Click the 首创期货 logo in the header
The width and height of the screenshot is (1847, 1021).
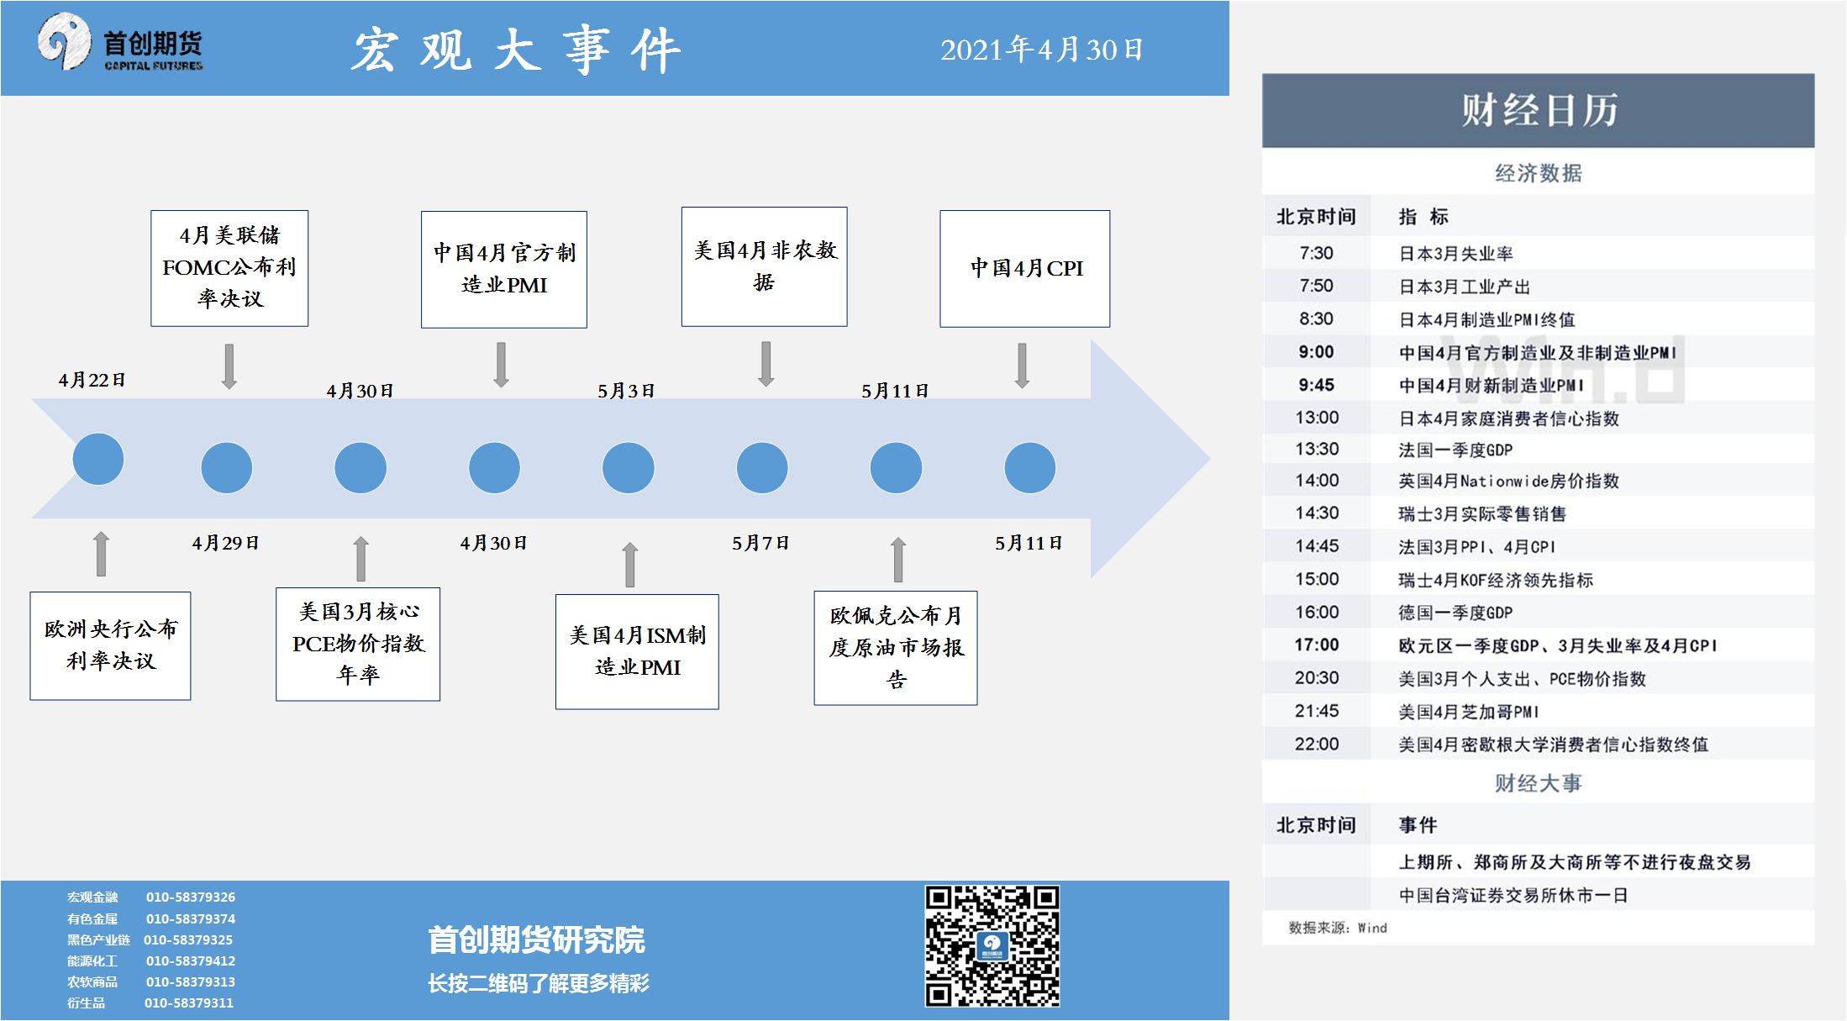click(x=120, y=43)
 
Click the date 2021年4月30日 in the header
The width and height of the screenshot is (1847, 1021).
click(x=1042, y=50)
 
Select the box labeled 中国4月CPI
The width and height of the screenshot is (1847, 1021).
click(x=1024, y=269)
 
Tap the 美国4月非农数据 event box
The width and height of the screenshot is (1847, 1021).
click(x=764, y=266)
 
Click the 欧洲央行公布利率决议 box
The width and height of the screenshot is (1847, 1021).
click(x=110, y=645)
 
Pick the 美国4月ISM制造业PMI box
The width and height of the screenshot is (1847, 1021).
click(x=637, y=651)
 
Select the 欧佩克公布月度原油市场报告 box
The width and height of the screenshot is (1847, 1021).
click(x=896, y=648)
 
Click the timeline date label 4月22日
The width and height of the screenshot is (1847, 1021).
click(x=92, y=380)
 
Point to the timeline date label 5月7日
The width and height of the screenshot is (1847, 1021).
click(x=760, y=543)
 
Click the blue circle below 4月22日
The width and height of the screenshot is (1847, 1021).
click(x=98, y=459)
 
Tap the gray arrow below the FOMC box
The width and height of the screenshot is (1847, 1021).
click(x=229, y=366)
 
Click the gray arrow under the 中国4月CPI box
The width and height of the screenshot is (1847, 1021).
click(x=1022, y=366)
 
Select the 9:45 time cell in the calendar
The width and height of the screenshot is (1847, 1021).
click(x=1316, y=385)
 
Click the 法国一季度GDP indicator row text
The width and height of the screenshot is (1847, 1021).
click(x=1455, y=450)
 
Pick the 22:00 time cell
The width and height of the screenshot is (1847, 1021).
click(x=1317, y=744)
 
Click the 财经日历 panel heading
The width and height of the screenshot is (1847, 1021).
click(x=1539, y=110)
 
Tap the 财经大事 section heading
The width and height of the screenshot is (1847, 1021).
click(x=1538, y=783)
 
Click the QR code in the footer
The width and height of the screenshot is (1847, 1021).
click(x=992, y=945)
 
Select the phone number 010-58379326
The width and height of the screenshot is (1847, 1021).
click(x=191, y=897)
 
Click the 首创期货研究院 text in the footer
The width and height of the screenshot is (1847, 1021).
click(x=536, y=939)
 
